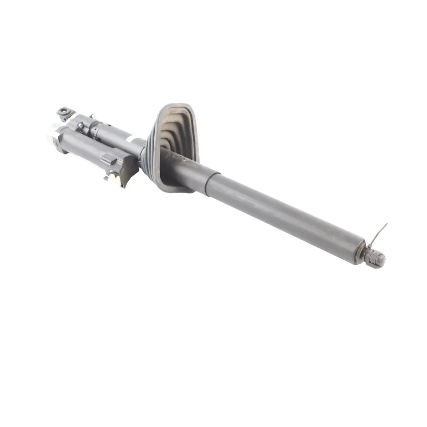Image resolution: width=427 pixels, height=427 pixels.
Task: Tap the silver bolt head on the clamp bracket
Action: [x=80, y=126]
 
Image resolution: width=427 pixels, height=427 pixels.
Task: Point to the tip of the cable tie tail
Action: [x=387, y=224]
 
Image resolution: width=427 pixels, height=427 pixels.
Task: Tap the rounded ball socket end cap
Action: [x=379, y=260]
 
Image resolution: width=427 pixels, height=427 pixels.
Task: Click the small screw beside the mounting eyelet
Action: [x=93, y=116]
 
